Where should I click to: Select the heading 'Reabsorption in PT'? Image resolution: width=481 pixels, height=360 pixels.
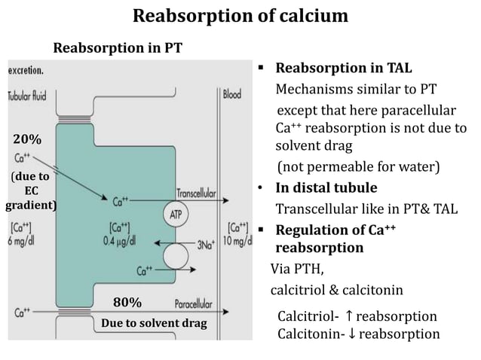117,50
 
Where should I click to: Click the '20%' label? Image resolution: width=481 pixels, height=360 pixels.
27,139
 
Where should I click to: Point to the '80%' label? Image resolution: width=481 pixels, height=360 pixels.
127,303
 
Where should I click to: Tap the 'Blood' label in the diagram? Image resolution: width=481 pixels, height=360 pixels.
231,95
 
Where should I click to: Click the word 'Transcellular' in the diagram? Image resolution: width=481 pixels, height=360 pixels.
197,193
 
